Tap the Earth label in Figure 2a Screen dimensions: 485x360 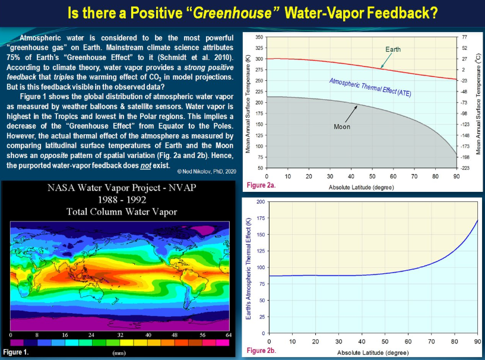393,49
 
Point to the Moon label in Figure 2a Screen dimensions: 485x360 342,127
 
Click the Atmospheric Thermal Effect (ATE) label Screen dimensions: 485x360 370,87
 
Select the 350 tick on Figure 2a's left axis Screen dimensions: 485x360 259,37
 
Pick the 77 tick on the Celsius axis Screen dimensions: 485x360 464,37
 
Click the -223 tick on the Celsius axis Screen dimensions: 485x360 465,168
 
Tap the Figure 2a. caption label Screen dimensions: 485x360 261,185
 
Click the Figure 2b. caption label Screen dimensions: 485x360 261,350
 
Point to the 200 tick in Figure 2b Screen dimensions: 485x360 261,202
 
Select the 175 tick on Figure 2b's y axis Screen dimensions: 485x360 261,218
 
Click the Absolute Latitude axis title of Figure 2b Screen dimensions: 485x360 373,352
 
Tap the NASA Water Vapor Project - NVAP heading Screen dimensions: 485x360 122,188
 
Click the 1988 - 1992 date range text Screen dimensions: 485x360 122,200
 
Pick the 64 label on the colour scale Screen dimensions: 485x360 229,335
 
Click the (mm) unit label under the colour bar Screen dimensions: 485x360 119,353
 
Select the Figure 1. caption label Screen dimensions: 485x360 16,352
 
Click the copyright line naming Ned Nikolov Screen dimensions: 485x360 207,172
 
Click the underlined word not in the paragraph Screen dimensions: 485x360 145,166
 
